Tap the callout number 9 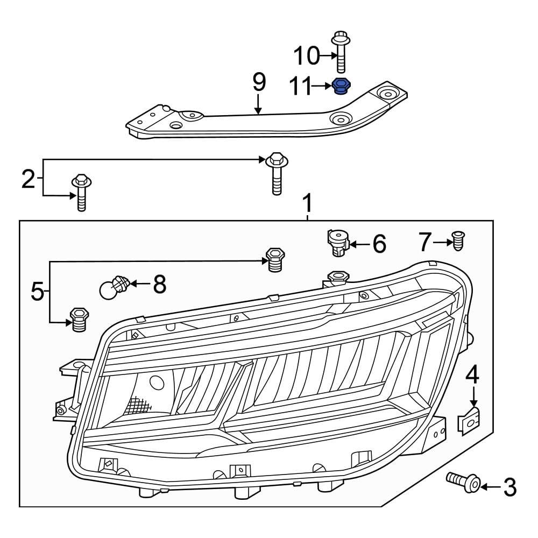click(259, 82)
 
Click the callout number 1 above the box click(307, 204)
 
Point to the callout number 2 click(28, 179)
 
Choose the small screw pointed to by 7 click(458, 241)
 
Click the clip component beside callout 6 click(338, 242)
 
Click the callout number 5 click(37, 292)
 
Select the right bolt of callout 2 click(275, 173)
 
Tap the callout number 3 click(509, 487)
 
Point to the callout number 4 click(472, 375)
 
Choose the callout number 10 click(306, 55)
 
